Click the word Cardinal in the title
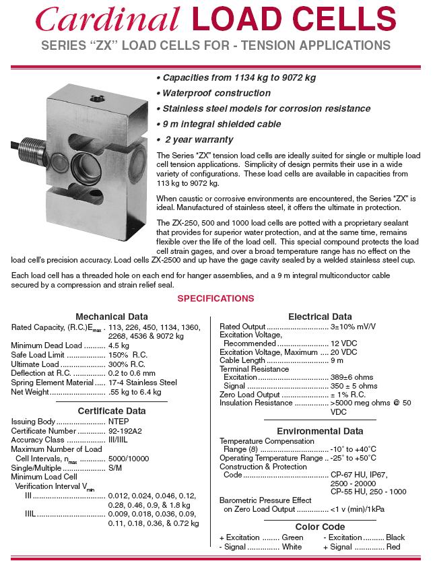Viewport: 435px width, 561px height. click(x=108, y=20)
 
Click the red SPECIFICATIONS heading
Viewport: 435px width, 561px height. click(x=215, y=298)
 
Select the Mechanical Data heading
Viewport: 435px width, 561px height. click(x=112, y=317)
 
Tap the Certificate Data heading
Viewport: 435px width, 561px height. click(x=111, y=411)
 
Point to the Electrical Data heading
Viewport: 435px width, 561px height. click(x=319, y=317)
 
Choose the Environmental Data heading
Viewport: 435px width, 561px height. click(x=319, y=431)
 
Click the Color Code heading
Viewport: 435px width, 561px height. click(x=320, y=527)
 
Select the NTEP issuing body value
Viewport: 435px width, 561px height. click(x=119, y=422)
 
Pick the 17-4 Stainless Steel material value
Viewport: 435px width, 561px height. click(x=142, y=383)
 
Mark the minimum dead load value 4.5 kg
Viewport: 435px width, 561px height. click(x=119, y=345)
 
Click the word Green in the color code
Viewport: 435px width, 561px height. click(x=292, y=537)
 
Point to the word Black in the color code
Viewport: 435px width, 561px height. click(x=395, y=537)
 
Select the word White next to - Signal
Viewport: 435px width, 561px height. click(x=292, y=547)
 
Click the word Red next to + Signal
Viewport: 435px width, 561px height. click(x=393, y=547)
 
